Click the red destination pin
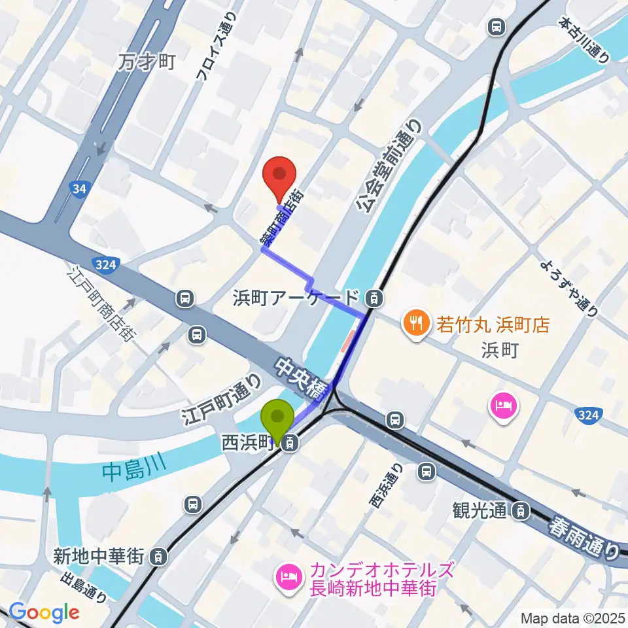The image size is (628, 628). click(279, 175)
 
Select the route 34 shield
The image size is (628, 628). click(80, 190)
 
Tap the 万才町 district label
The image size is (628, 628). click(148, 62)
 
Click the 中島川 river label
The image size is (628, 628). click(131, 472)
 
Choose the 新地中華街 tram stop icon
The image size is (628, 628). click(157, 557)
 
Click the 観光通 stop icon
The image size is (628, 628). click(521, 510)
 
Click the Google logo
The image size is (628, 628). click(44, 612)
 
